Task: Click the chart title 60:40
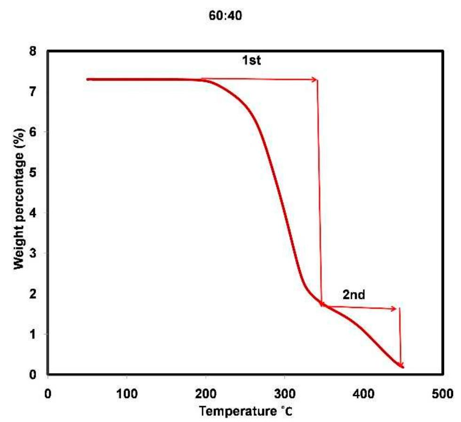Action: click(226, 16)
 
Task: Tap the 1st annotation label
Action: click(251, 60)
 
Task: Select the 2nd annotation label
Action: click(354, 295)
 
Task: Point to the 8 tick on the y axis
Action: click(32, 51)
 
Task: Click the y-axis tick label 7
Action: click(32, 92)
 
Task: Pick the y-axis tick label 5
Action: click(32, 172)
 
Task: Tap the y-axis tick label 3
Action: click(32, 253)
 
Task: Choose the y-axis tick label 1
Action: click(32, 334)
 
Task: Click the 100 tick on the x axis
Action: click(127, 393)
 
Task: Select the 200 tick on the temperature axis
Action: click(206, 393)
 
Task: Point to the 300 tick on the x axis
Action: click(285, 393)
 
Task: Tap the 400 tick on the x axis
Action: click(364, 393)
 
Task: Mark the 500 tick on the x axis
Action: click(443, 393)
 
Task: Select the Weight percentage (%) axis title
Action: click(19, 199)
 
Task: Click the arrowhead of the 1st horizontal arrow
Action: click(315, 80)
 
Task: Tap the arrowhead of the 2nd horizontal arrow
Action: click(394, 309)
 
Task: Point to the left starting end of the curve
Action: click(87, 79)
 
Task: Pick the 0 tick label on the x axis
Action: click(47, 393)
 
